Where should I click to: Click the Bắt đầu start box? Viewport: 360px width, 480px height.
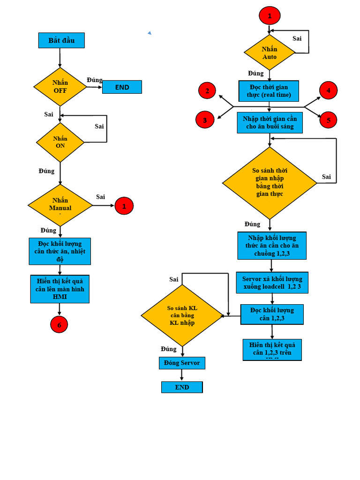(61, 40)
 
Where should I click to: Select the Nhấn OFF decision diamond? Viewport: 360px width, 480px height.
(60, 87)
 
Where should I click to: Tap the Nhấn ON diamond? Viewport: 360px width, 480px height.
(60, 142)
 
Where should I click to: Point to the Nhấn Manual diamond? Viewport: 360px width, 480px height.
(60, 205)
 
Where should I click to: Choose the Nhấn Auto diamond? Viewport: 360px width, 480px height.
(270, 52)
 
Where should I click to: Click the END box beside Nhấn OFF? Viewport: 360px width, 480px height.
(122, 87)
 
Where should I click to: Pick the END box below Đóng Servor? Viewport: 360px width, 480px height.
(182, 387)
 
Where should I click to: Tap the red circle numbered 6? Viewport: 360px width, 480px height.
(59, 324)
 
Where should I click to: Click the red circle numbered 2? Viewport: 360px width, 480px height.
(207, 91)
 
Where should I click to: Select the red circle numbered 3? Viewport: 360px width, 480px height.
(205, 120)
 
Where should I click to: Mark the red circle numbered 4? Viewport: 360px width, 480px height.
(329, 90)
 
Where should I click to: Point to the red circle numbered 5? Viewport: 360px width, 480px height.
(329, 120)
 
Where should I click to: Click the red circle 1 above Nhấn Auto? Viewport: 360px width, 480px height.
(270, 15)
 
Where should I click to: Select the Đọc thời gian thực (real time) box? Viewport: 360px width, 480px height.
(269, 91)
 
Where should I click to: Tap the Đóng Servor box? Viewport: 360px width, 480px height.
(182, 363)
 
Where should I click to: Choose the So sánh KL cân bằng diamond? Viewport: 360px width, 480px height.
(182, 315)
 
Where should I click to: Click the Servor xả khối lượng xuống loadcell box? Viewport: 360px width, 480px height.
(272, 283)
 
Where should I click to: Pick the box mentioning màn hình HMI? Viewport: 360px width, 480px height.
(60, 289)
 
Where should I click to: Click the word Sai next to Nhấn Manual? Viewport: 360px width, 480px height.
(100, 197)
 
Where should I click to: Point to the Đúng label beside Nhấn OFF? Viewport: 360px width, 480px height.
(94, 80)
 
